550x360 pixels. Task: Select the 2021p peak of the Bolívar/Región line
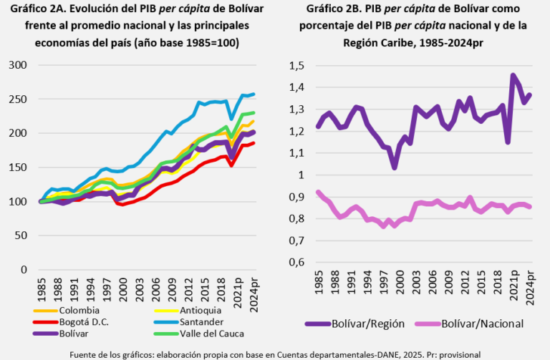(513, 74)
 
